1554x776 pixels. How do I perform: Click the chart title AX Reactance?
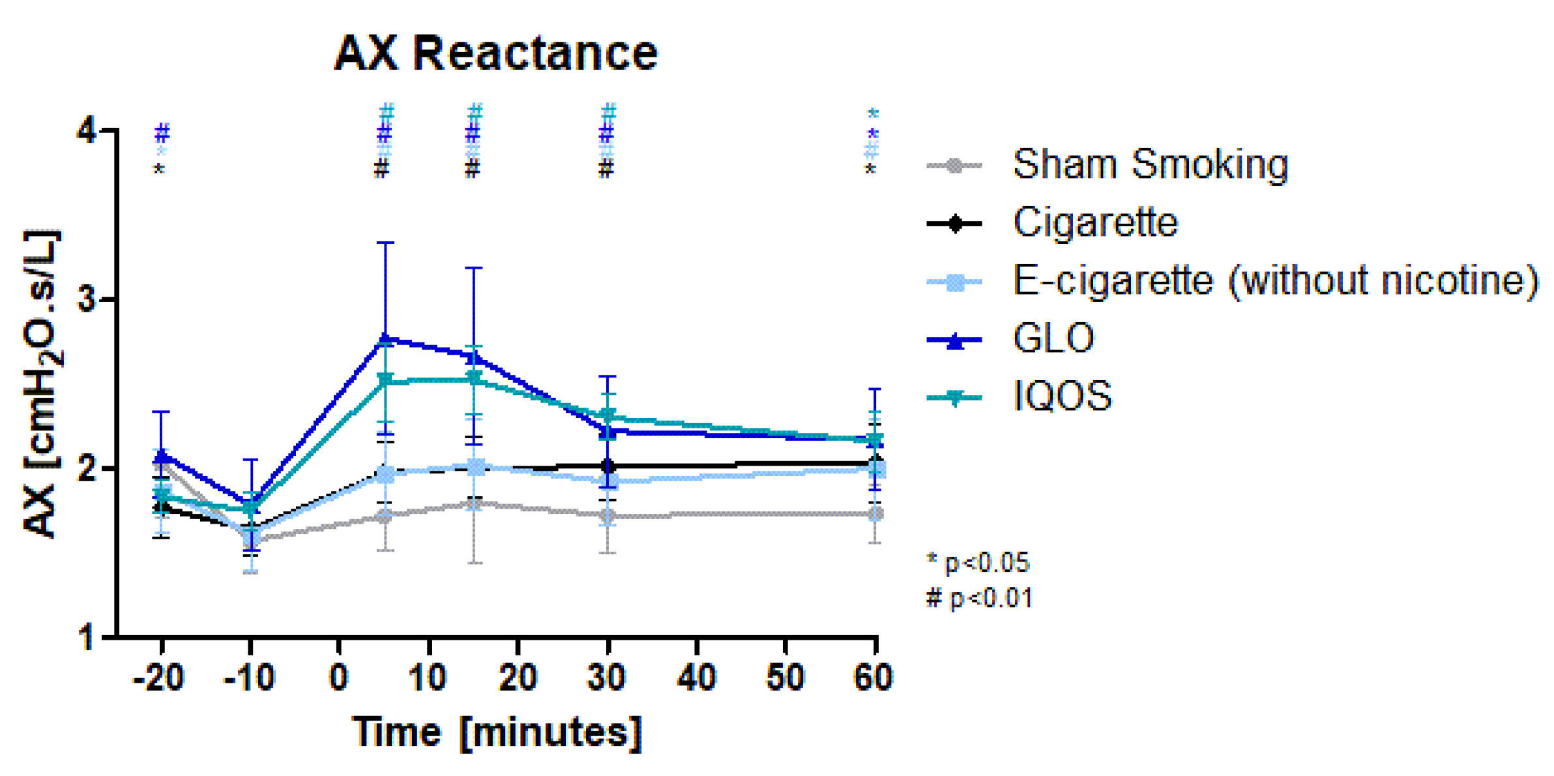[x=495, y=53]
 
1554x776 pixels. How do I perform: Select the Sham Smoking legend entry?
[x=1150, y=164]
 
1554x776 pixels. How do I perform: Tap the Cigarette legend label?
[x=1095, y=222]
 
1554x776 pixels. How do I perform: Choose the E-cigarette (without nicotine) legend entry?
[x=1275, y=281]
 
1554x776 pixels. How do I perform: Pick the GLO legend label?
[x=1053, y=338]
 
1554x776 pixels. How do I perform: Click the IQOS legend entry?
[x=1062, y=396]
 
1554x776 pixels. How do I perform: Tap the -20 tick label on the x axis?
[x=158, y=678]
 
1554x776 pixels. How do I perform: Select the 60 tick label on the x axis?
[x=873, y=678]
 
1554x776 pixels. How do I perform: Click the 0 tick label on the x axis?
[x=338, y=678]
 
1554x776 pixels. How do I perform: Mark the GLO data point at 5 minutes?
[x=385, y=340]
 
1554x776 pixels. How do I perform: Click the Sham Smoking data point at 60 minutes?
[x=876, y=514]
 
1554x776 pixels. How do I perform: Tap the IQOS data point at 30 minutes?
[x=608, y=415]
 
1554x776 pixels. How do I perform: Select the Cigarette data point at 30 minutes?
[x=608, y=466]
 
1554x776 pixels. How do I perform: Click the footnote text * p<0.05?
[x=978, y=563]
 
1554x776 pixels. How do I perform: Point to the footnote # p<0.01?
[x=979, y=598]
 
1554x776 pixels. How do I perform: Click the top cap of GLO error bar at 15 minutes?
[x=474, y=267]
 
